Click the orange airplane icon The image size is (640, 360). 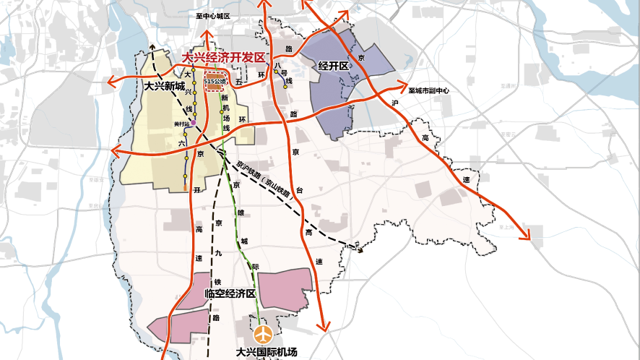click(x=263, y=335)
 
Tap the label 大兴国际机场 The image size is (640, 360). click(x=266, y=353)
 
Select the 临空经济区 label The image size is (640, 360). click(x=230, y=294)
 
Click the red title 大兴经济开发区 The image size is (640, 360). click(x=224, y=58)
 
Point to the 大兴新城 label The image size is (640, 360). click(x=165, y=86)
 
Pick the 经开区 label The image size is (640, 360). click(x=334, y=67)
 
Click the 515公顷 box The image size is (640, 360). click(x=215, y=80)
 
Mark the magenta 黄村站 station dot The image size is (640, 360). click(x=193, y=124)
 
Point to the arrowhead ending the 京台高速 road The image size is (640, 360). click(x=324, y=328)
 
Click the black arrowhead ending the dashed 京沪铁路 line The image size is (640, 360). click(x=358, y=248)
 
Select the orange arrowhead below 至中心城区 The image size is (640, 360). click(x=206, y=35)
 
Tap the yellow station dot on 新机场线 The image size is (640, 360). click(x=222, y=112)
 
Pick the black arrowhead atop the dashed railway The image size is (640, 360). click(x=153, y=45)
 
